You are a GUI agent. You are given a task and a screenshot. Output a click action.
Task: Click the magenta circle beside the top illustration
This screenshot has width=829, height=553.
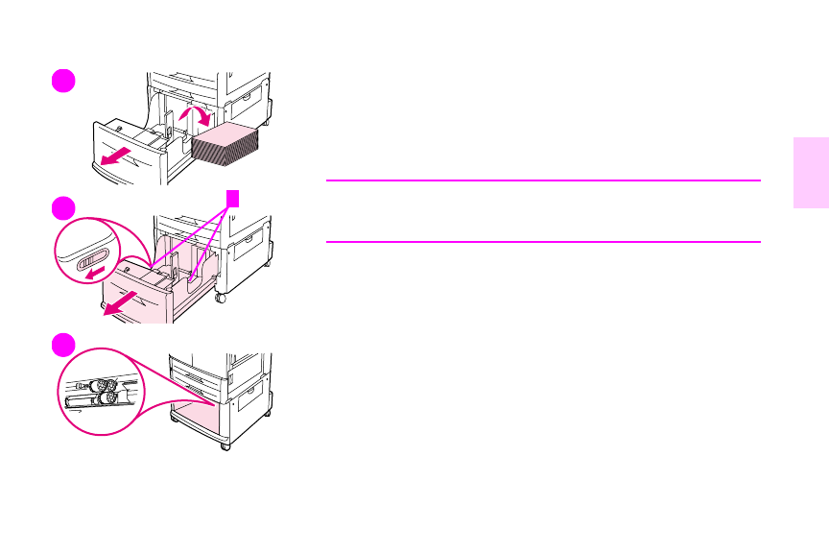(x=64, y=81)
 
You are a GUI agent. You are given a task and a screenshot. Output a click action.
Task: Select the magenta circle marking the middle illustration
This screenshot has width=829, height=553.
(x=64, y=207)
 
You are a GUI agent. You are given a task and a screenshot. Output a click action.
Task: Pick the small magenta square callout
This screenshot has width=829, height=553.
(x=230, y=197)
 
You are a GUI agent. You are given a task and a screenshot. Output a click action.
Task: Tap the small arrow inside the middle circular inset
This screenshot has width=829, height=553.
(x=91, y=272)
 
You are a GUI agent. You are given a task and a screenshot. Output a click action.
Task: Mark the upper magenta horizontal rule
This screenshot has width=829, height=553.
(x=543, y=180)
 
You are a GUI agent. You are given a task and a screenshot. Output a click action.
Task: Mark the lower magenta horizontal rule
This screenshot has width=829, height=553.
(x=543, y=242)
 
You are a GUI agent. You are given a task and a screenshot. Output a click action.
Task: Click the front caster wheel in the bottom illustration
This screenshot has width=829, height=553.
(x=225, y=445)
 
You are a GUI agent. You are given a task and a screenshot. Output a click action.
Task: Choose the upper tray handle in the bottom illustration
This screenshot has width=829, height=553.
(x=197, y=366)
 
